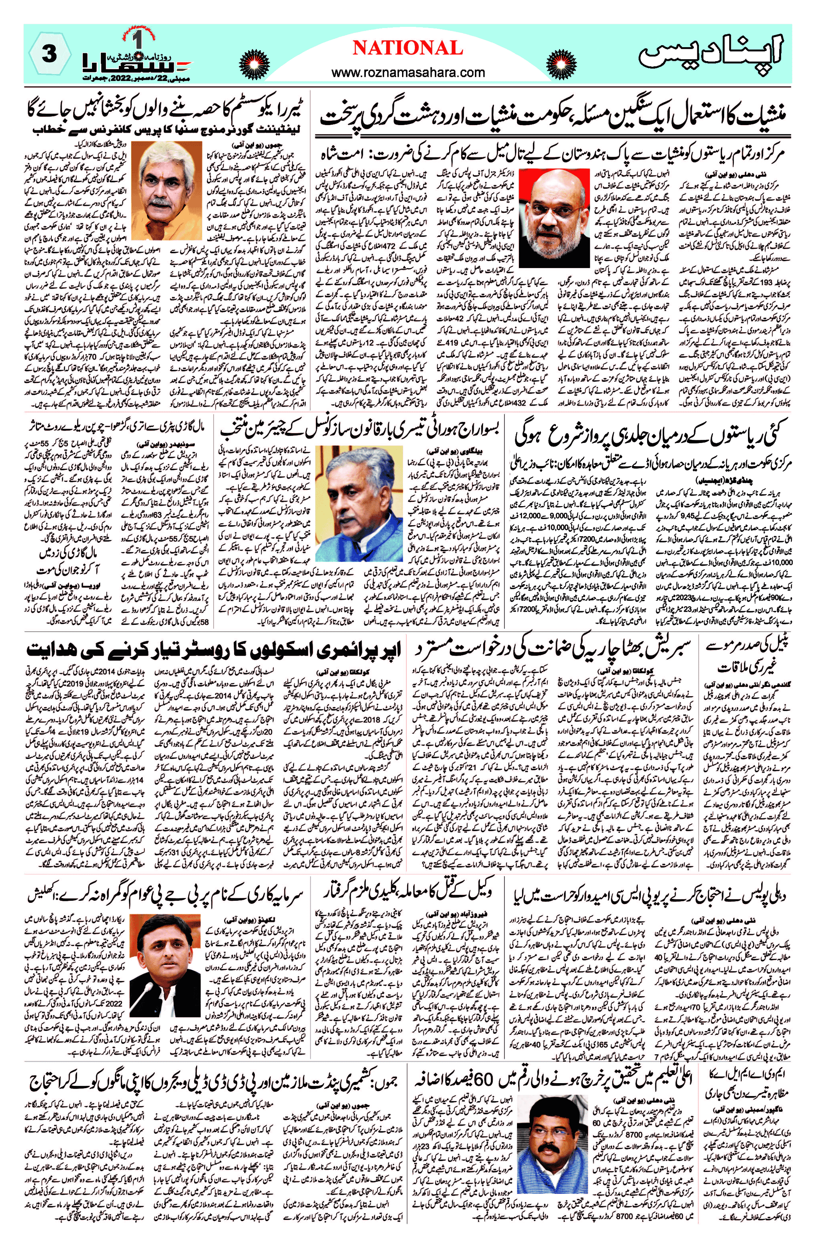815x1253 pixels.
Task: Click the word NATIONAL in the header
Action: (407, 48)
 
